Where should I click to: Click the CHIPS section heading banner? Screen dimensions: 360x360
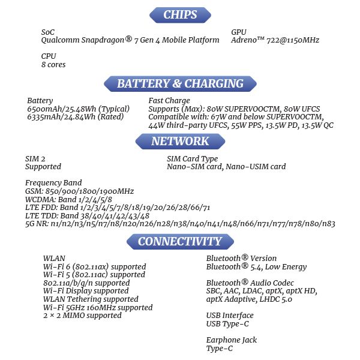tap(180, 15)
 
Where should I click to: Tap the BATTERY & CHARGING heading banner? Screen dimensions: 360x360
tap(180, 83)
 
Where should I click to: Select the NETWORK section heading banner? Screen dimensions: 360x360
tap(180, 142)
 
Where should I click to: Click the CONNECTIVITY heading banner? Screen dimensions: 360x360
tap(180, 241)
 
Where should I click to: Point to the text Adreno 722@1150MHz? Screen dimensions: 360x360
tap(275, 40)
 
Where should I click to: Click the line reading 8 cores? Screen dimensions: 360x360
tap(53, 64)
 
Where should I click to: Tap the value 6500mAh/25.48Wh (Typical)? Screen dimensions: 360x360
tap(78, 109)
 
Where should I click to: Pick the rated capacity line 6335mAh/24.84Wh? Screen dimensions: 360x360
tap(75, 116)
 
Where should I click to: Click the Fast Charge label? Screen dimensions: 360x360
tap(169, 100)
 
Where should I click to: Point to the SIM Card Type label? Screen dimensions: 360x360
tap(192, 158)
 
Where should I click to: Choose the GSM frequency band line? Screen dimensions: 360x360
tap(79, 191)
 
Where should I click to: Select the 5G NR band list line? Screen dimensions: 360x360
tap(180, 224)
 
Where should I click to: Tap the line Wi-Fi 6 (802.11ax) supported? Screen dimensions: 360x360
tap(94, 266)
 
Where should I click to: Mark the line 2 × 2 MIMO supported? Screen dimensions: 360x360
tap(82, 315)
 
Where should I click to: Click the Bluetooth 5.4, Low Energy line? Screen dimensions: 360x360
tap(256, 266)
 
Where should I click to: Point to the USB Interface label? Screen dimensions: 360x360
tap(230, 315)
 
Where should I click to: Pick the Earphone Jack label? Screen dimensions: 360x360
tap(231, 340)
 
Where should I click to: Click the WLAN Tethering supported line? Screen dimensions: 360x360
tap(91, 299)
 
